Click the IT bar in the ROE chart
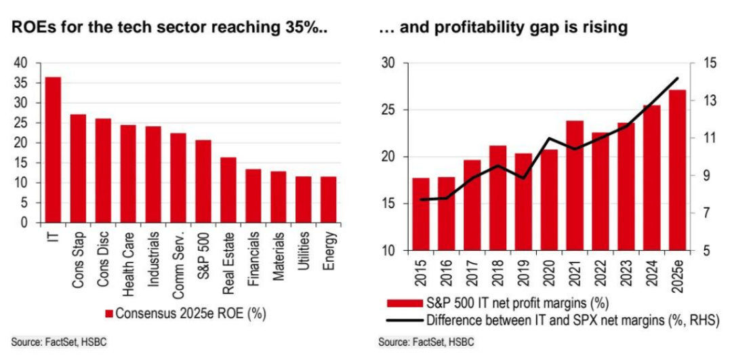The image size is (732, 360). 53,150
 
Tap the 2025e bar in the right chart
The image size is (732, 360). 677,170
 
